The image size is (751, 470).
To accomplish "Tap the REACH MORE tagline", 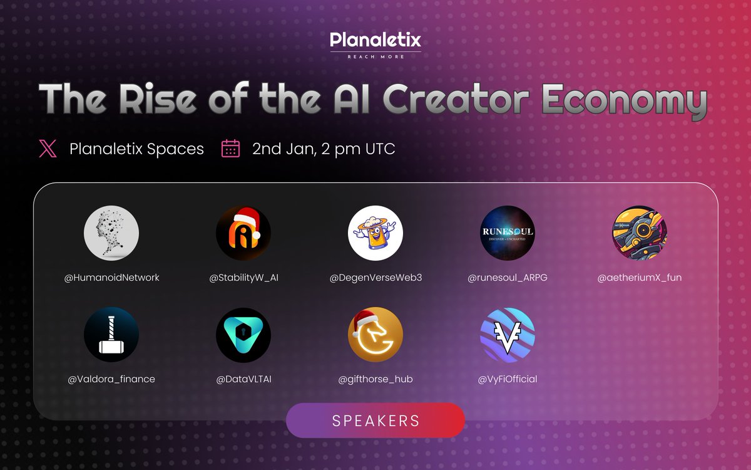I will pyautogui.click(x=375, y=56).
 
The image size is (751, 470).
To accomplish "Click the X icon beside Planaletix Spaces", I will pyautogui.click(x=48, y=149).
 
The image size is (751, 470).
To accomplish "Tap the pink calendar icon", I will pyautogui.click(x=231, y=149).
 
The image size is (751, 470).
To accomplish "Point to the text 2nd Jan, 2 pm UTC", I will pyautogui.click(x=324, y=149).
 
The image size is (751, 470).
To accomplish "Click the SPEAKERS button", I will pyautogui.click(x=375, y=420).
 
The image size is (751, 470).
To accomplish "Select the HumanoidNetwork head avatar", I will pyautogui.click(x=111, y=232).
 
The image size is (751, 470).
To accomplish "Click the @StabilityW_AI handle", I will pyautogui.click(x=243, y=277).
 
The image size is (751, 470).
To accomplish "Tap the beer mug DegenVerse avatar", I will pyautogui.click(x=375, y=232).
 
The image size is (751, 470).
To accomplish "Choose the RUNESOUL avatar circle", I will pyautogui.click(x=508, y=232).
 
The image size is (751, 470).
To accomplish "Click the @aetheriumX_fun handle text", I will pyautogui.click(x=639, y=277).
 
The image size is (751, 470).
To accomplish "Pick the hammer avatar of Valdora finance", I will pyautogui.click(x=111, y=335).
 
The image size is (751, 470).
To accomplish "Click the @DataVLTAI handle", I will pyautogui.click(x=243, y=379).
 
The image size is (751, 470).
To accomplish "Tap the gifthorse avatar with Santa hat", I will pyautogui.click(x=375, y=335).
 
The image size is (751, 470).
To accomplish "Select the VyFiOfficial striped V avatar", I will pyautogui.click(x=508, y=335).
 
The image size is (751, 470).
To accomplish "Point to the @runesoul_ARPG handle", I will pyautogui.click(x=508, y=277).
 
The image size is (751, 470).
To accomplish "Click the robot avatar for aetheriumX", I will pyautogui.click(x=639, y=232).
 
